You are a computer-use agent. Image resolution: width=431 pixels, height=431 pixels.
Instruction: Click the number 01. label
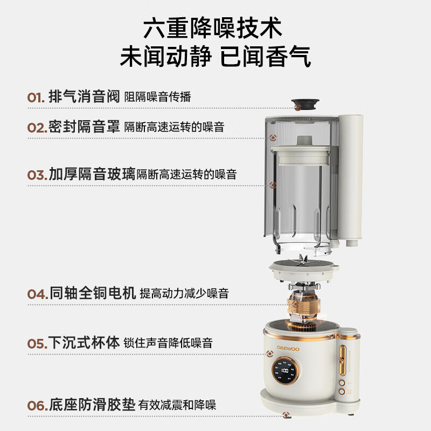coord(36,98)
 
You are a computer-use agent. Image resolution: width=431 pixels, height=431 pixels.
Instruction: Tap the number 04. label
coord(38,294)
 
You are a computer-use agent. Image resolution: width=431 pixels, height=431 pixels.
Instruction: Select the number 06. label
coord(38,406)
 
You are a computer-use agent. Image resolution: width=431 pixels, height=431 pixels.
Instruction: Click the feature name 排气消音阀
coord(84,96)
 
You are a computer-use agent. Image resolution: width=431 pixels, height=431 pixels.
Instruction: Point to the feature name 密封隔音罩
coord(84,127)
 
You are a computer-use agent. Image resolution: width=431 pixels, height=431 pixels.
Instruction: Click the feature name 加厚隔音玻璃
coord(92,174)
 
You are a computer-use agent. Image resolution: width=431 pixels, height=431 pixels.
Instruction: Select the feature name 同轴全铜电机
coord(93,293)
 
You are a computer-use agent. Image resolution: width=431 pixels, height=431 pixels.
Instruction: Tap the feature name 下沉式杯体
coord(84,343)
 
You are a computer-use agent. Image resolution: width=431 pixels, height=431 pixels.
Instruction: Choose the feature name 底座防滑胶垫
coord(92,405)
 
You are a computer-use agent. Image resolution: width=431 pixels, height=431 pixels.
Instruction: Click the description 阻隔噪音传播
coord(157,97)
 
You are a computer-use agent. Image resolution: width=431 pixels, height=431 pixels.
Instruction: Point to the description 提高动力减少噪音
coord(184,294)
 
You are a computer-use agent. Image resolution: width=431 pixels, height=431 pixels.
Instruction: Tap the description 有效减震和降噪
coord(177,405)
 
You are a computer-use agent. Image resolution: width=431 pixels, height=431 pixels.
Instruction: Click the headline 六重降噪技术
coord(212,28)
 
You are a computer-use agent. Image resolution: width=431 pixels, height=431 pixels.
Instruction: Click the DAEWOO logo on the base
coord(288,349)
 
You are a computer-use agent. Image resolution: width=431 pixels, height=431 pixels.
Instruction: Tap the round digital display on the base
coord(285,371)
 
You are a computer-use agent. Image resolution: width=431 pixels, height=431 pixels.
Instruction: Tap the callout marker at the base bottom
coord(287,415)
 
